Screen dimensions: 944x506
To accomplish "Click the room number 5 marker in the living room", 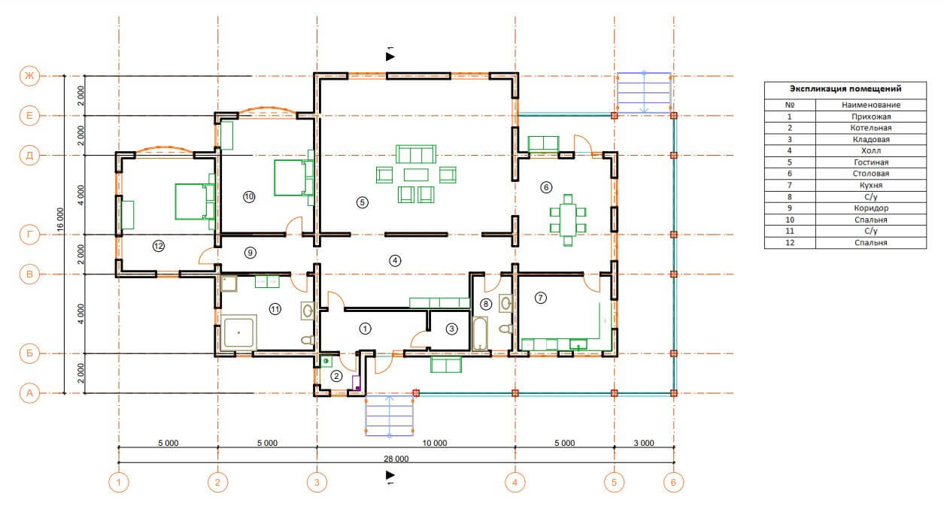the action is point(362,203).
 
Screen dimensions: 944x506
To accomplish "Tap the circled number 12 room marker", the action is point(159,246).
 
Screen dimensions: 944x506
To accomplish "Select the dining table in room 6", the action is point(568,220).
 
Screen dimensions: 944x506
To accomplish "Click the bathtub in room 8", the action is point(480,333).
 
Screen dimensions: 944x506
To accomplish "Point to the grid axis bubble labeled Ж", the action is point(29,76).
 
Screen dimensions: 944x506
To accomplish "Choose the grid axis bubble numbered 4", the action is point(515,483).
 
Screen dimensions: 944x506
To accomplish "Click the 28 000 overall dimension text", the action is point(396,459).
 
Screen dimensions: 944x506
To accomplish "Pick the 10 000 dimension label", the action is point(435,444).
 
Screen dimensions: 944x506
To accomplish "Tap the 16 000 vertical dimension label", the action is point(60,219).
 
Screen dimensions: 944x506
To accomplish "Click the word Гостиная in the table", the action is point(871,162).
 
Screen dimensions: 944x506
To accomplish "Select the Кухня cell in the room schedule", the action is point(871,185).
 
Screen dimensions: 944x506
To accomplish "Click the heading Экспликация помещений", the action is point(845,89).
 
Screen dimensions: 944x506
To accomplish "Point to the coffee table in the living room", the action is point(416,174).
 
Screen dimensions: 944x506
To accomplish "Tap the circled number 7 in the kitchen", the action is point(540,298).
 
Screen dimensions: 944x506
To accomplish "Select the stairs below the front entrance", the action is point(389,416).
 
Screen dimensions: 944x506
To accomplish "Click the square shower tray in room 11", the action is point(238,332).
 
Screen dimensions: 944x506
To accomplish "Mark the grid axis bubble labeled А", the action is point(29,393).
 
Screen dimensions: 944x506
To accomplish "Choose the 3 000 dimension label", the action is point(644,444).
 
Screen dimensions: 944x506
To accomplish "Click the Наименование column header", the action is point(871,105).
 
